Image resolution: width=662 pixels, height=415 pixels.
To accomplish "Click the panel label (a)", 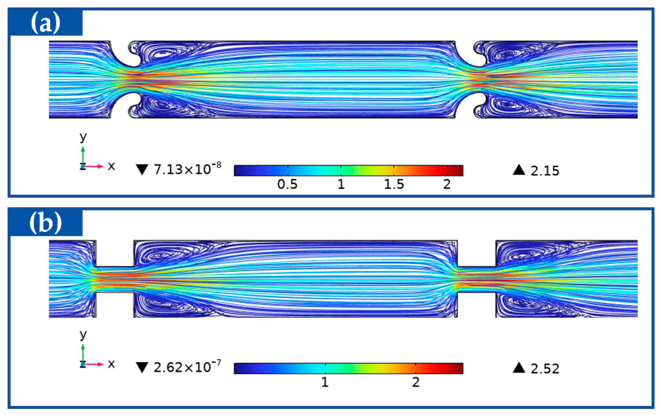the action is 46,23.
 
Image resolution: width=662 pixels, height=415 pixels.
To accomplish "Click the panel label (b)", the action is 46,223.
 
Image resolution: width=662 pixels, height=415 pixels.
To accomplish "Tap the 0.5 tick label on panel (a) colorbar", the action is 287,184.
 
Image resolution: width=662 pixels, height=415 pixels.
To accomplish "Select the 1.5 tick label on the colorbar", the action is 394,184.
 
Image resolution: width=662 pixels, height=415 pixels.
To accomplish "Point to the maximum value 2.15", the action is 545,171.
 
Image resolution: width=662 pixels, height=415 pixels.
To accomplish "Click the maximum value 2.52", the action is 545,369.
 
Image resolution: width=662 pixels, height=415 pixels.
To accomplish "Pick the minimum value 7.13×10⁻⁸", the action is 187,169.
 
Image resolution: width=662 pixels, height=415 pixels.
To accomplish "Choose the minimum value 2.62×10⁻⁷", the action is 187,366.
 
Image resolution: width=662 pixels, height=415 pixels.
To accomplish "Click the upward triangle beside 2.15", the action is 519,170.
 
